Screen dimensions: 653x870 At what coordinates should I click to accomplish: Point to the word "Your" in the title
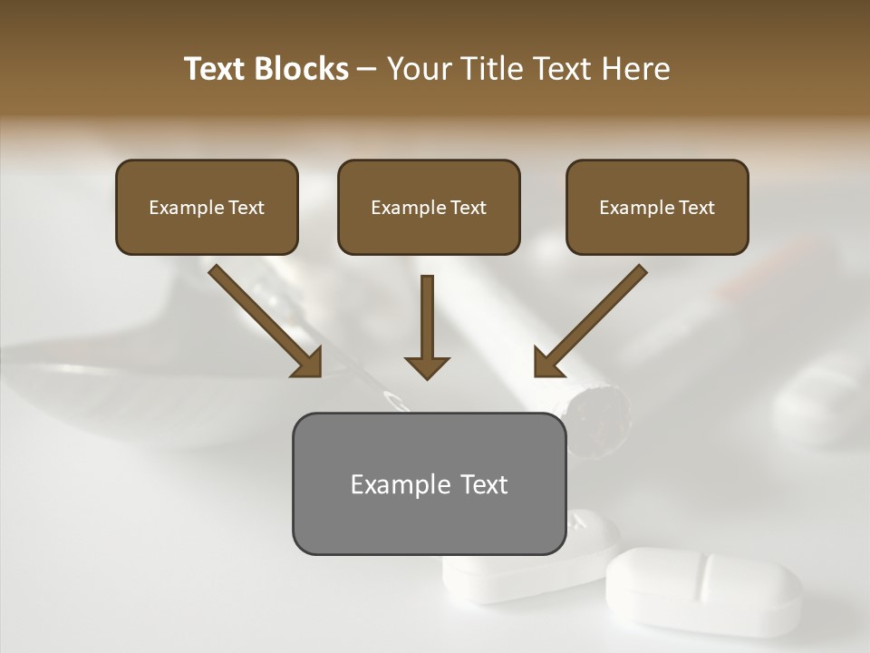416,69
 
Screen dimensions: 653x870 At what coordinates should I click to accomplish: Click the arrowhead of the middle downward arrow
427,366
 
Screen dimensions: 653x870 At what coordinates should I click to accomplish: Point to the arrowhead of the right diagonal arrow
549,362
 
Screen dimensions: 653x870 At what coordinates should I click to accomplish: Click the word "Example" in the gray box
389,484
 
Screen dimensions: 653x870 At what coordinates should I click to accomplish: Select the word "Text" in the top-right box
696,208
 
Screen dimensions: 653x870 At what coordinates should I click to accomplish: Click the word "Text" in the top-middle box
468,208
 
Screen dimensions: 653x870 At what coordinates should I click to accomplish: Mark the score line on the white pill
704,577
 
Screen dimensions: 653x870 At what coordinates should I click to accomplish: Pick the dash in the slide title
367,70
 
